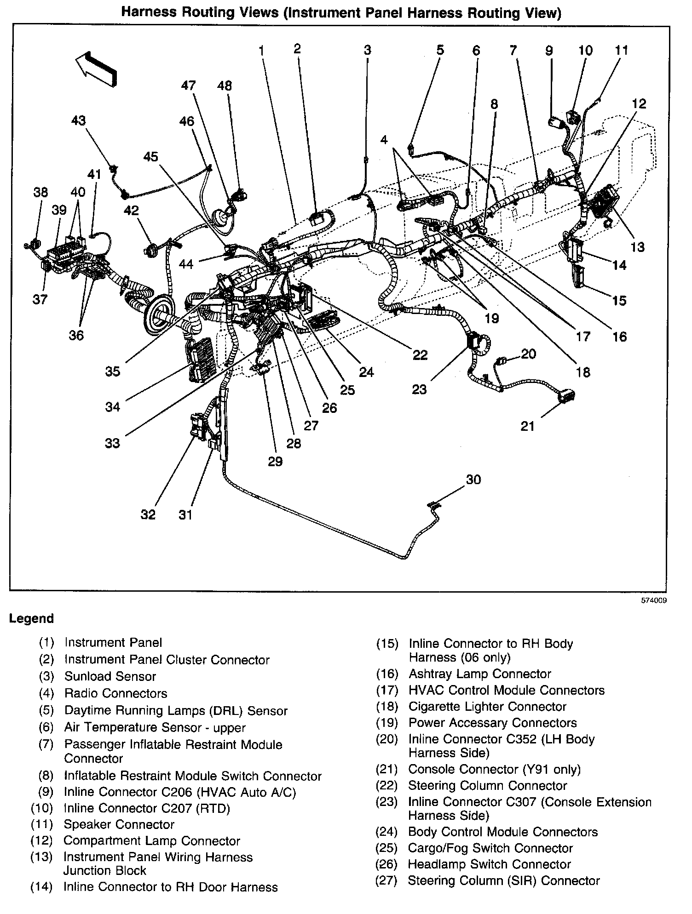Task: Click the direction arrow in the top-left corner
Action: pyautogui.click(x=97, y=67)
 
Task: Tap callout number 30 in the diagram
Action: pyautogui.click(x=473, y=480)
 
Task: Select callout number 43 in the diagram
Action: pyautogui.click(x=78, y=120)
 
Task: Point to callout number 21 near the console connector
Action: pyautogui.click(x=527, y=426)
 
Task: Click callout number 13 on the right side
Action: pyautogui.click(x=637, y=247)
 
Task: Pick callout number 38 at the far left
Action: pyautogui.click(x=41, y=192)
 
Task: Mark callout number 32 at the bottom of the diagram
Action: pyautogui.click(x=148, y=514)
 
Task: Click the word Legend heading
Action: pyautogui.click(x=31, y=618)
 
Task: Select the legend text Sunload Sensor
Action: pyautogui.click(x=110, y=676)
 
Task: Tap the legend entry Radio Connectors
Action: pyautogui.click(x=115, y=693)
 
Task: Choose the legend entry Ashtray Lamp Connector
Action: pyautogui.click(x=479, y=674)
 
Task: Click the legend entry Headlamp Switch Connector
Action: pyautogui.click(x=489, y=864)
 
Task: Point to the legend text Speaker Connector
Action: pyautogui.click(x=119, y=824)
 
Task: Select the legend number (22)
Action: pyautogui.click(x=386, y=786)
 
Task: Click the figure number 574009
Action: pyautogui.click(x=655, y=600)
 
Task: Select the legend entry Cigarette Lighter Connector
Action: pyautogui.click(x=487, y=707)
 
